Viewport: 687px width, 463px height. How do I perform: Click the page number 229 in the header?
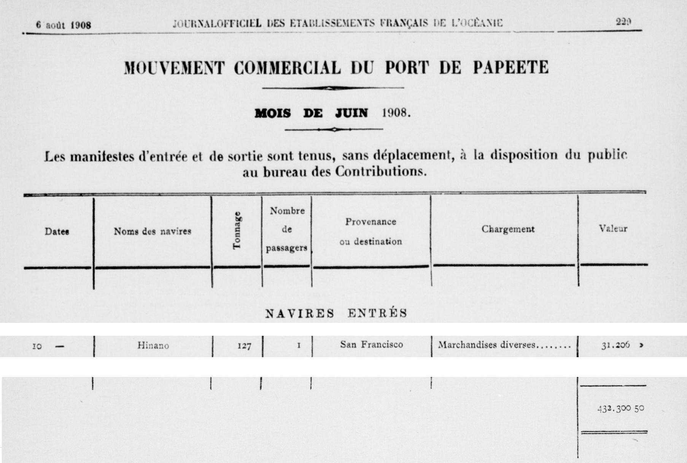point(623,22)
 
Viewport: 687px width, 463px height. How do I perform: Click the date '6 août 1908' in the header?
point(64,25)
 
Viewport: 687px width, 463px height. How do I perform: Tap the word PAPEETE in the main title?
point(510,67)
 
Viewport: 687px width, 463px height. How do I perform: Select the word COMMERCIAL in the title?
point(287,68)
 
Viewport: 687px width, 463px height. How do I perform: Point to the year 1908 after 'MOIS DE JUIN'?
point(396,113)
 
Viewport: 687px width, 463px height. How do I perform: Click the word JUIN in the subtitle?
point(351,113)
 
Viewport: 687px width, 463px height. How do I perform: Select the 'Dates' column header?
point(57,231)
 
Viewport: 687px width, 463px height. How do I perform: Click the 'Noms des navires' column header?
point(152,231)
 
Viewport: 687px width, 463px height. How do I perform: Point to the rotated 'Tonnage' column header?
point(237,230)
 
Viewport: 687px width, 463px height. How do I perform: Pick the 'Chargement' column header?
point(508,229)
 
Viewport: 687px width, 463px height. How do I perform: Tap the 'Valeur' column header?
point(613,228)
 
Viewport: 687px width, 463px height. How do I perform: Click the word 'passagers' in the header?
point(286,248)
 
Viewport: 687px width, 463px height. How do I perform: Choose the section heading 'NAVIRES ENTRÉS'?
point(336,313)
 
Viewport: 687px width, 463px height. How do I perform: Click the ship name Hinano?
point(153,346)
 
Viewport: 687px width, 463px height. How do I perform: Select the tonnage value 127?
point(244,346)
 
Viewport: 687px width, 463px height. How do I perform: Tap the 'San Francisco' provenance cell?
point(371,345)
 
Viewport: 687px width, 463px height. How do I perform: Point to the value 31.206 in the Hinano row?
point(615,345)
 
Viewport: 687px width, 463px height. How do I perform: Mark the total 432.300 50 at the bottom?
point(620,409)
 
